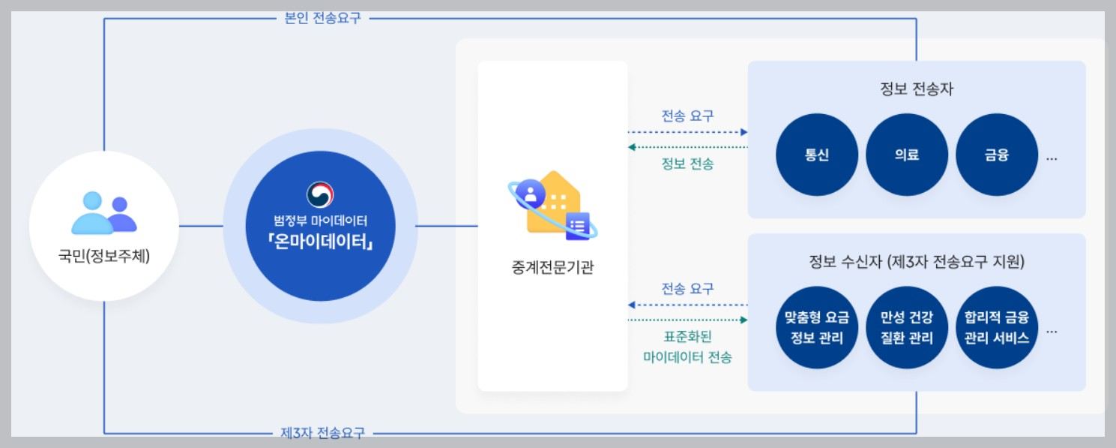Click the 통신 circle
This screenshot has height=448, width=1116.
click(816, 155)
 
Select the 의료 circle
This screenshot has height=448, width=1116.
click(906, 155)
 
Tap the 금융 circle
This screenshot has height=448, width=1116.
click(996, 155)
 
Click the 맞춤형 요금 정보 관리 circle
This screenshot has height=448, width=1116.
click(816, 328)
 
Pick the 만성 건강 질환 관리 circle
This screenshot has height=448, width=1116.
click(906, 328)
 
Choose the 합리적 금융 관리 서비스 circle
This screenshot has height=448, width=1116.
click(997, 328)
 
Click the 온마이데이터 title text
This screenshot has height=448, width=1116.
click(320, 245)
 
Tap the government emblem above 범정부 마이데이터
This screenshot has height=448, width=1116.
click(320, 194)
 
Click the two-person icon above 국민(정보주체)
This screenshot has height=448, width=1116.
click(103, 212)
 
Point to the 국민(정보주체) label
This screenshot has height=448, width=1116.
click(104, 257)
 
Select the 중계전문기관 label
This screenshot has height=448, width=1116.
click(552, 266)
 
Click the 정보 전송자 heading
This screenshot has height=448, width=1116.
click(917, 89)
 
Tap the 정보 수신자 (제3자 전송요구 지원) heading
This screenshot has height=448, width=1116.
click(917, 262)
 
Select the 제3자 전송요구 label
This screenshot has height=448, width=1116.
click(322, 433)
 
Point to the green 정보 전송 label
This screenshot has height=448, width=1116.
click(687, 163)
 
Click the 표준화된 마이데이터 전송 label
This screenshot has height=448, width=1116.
click(687, 347)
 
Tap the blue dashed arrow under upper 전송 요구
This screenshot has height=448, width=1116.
click(687, 132)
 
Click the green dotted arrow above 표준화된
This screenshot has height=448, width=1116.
click(687, 320)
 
